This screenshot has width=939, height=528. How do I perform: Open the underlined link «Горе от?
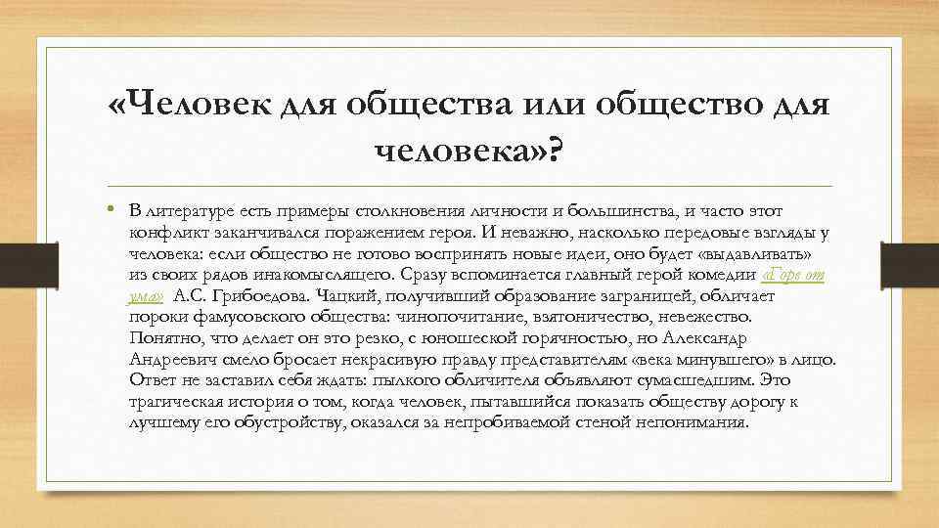[x=792, y=276]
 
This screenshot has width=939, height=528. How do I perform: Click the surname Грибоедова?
[x=254, y=297]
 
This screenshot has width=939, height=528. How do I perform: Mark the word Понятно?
[x=157, y=339]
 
